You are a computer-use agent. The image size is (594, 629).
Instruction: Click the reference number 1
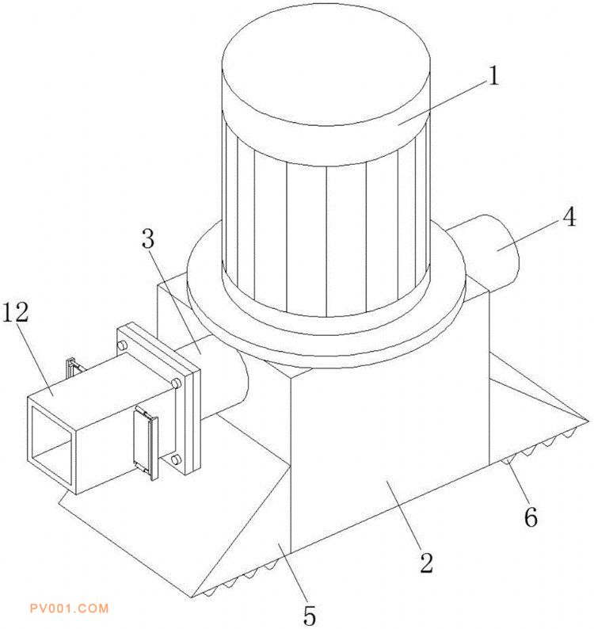[494, 75]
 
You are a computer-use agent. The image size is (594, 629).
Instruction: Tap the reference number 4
[569, 217]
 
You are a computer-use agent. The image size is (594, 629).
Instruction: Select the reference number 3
[148, 239]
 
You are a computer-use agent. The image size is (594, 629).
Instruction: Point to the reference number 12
[16, 312]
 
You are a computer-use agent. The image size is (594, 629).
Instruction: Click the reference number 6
[531, 517]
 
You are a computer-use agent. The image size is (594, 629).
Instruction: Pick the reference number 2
[426, 562]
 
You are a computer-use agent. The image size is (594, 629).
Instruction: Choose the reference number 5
[309, 615]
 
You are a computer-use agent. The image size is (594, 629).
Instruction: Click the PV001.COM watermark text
[69, 608]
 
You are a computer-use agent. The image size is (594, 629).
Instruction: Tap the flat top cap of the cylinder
[326, 67]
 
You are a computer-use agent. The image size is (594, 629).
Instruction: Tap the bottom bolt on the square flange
[176, 458]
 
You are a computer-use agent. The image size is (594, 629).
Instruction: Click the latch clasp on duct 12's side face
[146, 442]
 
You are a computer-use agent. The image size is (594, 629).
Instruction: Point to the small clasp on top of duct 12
[73, 367]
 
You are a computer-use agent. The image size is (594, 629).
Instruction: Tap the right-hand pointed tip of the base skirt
[589, 420]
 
